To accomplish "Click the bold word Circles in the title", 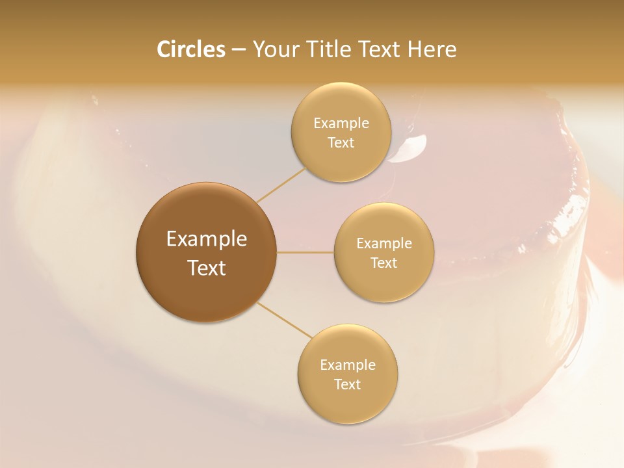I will click(x=191, y=49).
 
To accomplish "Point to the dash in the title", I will click(x=239, y=50).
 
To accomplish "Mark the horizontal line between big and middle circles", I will click(x=305, y=252).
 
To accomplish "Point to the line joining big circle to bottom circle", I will click(x=283, y=320).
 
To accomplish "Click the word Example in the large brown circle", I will click(x=207, y=239).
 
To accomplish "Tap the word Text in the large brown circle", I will click(x=207, y=268).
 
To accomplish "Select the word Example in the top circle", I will click(x=341, y=123).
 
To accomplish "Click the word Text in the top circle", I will click(x=341, y=142).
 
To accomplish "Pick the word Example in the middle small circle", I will click(x=384, y=243).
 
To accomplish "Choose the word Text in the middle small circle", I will click(x=383, y=263).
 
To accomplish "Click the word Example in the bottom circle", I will click(x=348, y=365).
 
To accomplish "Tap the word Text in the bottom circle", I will click(x=347, y=384).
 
